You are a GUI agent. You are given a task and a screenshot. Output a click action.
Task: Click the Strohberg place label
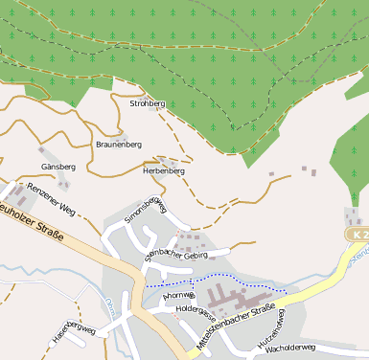coord(147,102)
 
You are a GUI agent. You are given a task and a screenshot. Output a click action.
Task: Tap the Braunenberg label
coord(119,144)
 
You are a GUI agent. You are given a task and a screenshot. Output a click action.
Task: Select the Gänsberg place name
coord(58,167)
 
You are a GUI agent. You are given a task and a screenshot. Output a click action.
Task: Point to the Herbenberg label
coord(163,170)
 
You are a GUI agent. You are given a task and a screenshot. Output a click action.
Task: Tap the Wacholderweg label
coord(288,348)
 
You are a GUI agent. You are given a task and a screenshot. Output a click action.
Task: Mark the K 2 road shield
coord(357,235)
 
